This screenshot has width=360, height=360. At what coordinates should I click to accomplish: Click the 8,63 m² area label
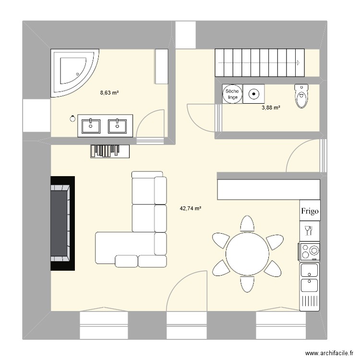click(109, 93)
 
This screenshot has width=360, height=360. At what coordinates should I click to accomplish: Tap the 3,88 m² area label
click(271, 107)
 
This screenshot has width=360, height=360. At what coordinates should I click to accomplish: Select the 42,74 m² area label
click(191, 208)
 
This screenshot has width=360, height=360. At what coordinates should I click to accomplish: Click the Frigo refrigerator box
click(310, 211)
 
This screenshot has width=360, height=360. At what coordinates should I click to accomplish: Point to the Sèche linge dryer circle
click(232, 94)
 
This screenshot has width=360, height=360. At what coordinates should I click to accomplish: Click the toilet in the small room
click(301, 96)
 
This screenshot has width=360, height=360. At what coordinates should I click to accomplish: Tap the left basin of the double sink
click(91, 126)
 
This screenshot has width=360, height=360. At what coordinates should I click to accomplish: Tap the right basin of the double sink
click(117, 126)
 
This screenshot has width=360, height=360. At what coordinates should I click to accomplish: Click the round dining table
click(247, 254)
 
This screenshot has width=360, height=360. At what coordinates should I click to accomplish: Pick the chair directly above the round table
click(247, 224)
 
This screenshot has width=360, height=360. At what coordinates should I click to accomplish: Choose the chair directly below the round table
click(247, 284)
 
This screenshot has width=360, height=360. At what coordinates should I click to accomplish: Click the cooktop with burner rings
click(309, 252)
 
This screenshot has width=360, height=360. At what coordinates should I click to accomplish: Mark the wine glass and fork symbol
click(308, 231)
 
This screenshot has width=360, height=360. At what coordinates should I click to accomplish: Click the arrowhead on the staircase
click(298, 62)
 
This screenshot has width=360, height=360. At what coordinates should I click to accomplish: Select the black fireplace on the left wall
click(63, 223)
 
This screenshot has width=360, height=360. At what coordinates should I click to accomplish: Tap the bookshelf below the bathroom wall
click(110, 151)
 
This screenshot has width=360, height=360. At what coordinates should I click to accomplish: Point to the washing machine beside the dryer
click(254, 94)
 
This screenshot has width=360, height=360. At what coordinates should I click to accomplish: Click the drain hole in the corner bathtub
click(77, 74)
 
